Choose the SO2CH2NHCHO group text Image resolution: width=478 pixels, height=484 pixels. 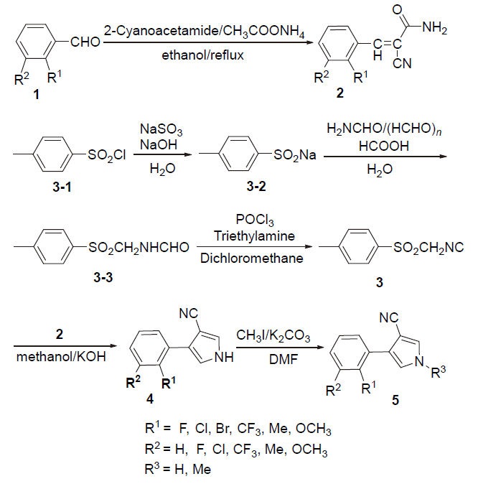[x=139, y=248]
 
